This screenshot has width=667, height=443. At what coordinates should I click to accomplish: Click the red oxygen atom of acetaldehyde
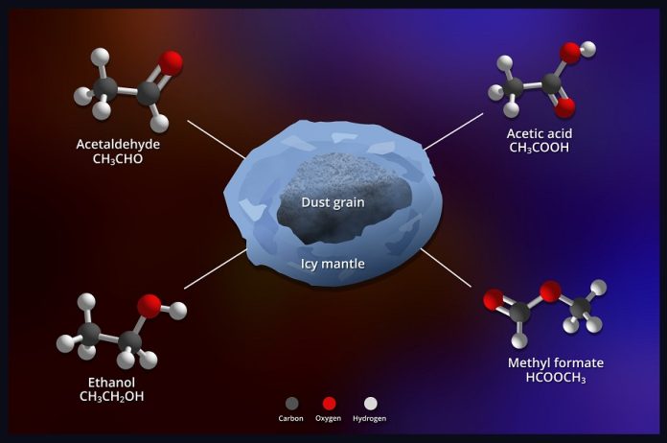click(x=172, y=63)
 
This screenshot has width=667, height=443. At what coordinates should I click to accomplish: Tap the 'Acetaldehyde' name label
click(x=118, y=144)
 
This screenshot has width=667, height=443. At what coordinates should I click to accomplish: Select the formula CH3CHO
click(x=118, y=159)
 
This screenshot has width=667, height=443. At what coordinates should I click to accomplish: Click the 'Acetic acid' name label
click(x=539, y=133)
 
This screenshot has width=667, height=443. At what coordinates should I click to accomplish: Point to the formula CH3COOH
click(x=539, y=148)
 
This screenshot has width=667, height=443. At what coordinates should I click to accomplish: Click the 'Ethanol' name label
click(x=111, y=382)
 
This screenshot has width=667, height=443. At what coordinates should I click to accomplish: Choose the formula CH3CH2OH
click(x=111, y=397)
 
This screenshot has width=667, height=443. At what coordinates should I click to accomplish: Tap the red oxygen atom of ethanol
click(x=149, y=306)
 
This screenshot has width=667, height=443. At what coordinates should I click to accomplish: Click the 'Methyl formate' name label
click(x=556, y=362)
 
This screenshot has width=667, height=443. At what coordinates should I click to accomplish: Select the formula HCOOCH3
click(x=556, y=378)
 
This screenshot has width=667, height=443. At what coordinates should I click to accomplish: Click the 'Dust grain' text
click(x=333, y=202)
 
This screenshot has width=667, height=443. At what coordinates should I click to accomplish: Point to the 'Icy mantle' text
click(x=333, y=264)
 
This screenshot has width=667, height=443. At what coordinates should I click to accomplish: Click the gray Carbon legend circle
click(x=291, y=404)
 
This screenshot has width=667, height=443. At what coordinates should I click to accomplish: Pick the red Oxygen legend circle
click(x=329, y=404)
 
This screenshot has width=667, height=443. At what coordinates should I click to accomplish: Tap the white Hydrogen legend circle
click(x=371, y=404)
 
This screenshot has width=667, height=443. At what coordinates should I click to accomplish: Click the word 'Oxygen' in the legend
click(x=328, y=418)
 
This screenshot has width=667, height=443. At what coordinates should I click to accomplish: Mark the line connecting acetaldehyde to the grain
click(x=216, y=139)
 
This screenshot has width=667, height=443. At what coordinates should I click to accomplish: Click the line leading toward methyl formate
click(x=446, y=268)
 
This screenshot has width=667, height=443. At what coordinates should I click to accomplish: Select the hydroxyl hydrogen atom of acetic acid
click(x=587, y=49)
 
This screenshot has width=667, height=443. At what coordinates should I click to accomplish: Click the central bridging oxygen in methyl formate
click(x=550, y=291)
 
